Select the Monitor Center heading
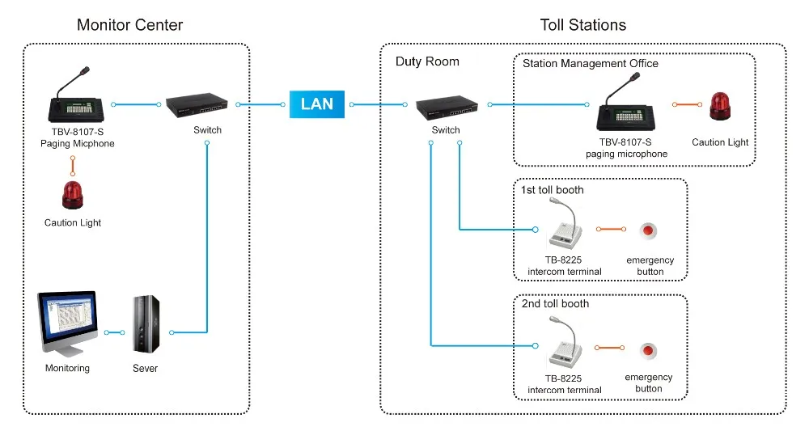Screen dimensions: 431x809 coord(129,25)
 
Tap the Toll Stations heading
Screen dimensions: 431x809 coord(582,25)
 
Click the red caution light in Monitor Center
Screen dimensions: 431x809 coord(73,195)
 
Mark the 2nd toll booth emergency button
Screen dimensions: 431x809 coord(648,351)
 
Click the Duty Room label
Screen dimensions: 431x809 coord(427,61)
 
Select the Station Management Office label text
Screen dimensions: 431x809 coord(591,63)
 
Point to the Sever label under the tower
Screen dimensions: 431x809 coord(146,369)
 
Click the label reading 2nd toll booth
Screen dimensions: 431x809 coord(556,304)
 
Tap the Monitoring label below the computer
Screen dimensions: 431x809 coord(67,369)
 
